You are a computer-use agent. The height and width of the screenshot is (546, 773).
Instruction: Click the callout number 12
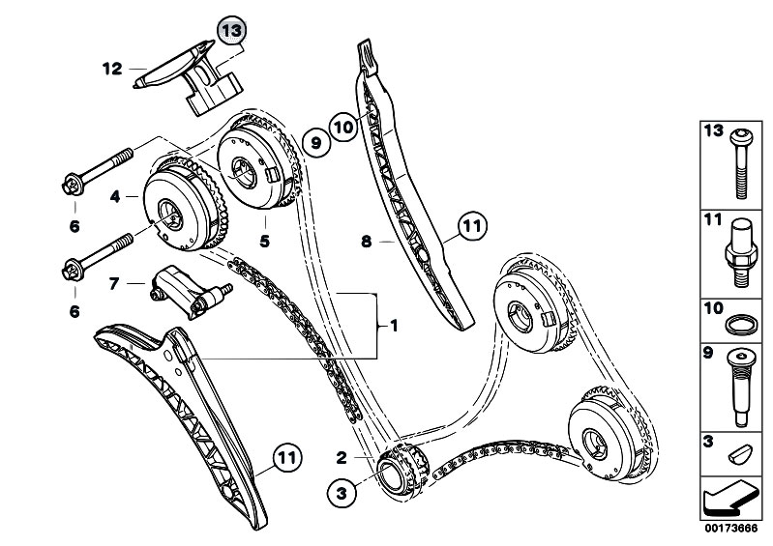point(112,68)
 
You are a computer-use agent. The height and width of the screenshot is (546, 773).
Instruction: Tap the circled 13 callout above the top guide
point(231,31)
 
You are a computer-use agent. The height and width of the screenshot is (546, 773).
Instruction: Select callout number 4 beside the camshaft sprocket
point(115,196)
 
